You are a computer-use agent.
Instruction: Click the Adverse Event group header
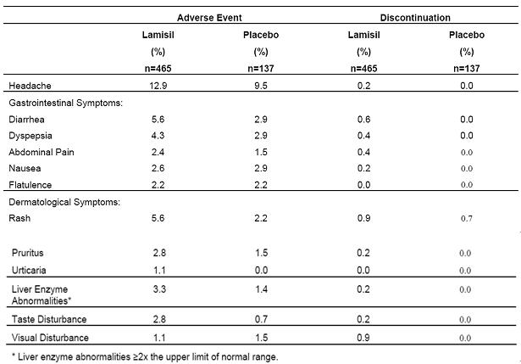pos(211,17)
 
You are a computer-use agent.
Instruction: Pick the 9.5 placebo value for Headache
pos(259,87)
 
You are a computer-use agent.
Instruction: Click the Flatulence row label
pos(30,185)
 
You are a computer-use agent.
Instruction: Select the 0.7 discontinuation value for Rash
pos(465,218)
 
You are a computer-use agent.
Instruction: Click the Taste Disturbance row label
pos(48,318)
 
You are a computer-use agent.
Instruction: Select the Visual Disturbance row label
pos(50,337)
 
